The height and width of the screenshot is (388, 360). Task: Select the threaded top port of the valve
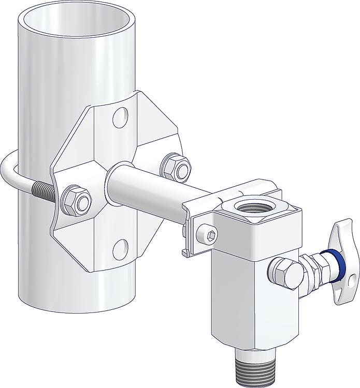pos(250,210)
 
